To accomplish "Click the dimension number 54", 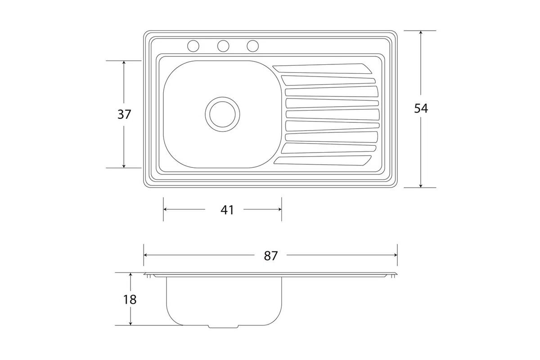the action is [421, 108].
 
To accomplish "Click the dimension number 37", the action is [124, 115].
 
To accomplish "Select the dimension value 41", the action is [227, 210].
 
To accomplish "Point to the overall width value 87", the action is [271, 256].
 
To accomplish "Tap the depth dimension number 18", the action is [130, 300].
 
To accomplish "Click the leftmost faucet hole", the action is [193, 46].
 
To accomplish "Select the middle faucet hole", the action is [223, 46].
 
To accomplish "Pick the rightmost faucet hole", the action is [252, 46].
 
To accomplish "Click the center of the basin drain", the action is [222, 114].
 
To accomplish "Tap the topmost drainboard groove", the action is [322, 68].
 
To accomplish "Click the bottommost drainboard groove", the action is [322, 161].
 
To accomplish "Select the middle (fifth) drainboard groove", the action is [333, 115].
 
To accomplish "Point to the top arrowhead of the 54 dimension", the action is [421, 32].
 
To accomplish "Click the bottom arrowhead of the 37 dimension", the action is [124, 166].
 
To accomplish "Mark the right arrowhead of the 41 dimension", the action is [280, 209].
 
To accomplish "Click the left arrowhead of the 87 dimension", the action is [146, 255].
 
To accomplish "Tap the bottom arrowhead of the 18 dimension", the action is [130, 324].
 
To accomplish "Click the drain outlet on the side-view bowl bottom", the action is [223, 327].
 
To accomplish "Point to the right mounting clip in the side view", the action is [393, 276].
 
